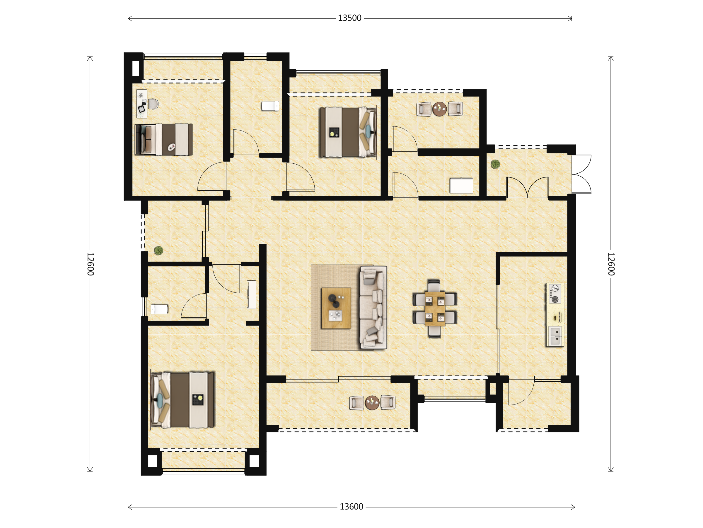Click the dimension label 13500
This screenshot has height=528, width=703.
tap(349, 18)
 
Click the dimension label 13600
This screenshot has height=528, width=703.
tap(351, 507)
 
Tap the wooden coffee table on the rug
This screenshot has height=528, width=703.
tap(336, 308)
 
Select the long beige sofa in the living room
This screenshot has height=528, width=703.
tap(373, 307)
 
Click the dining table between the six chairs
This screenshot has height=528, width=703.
tap(435, 309)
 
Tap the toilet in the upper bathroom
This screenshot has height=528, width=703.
tap(270, 106)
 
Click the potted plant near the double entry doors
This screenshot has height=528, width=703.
tap(495, 164)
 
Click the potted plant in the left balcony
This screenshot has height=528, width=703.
tap(158, 251)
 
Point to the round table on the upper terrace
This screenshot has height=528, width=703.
tap(440, 109)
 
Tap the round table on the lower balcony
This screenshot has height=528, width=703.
tap(372, 403)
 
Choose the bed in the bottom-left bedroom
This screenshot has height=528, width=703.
tap(182, 400)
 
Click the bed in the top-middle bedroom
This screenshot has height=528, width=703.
tap(348, 132)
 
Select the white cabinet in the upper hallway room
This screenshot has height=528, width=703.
tap(461, 186)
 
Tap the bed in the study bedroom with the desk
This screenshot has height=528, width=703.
tap(164, 139)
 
